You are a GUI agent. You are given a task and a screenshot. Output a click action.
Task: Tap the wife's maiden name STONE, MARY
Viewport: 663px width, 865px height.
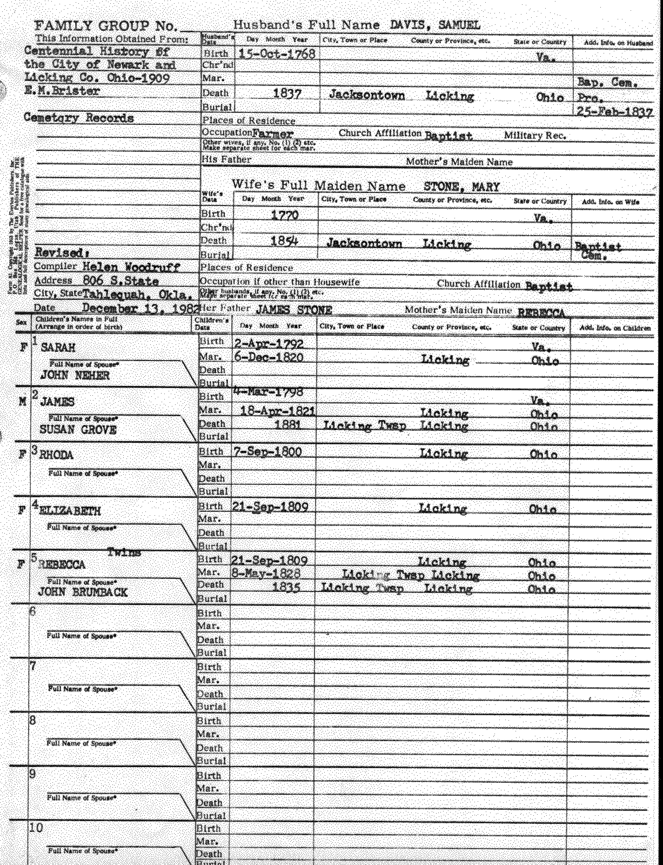pyautogui.click(x=461, y=187)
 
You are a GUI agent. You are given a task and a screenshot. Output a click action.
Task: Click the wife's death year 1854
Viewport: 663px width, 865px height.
pyautogui.click(x=284, y=241)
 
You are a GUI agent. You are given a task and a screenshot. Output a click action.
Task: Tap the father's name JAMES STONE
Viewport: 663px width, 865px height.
pyautogui.click(x=293, y=309)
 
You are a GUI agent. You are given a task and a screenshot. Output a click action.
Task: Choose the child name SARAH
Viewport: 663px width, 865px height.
pyautogui.click(x=57, y=348)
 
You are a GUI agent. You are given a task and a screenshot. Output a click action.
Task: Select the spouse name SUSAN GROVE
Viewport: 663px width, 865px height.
pyautogui.click(x=78, y=430)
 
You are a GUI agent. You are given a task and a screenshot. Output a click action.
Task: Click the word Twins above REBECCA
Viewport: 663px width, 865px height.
pyautogui.click(x=124, y=553)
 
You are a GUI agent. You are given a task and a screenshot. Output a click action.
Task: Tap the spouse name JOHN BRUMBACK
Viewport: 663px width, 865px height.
pyautogui.click(x=83, y=593)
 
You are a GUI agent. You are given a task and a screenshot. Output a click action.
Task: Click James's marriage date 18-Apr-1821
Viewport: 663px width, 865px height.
pyautogui.click(x=277, y=411)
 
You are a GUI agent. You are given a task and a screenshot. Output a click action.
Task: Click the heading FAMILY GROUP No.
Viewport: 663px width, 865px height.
pyautogui.click(x=105, y=26)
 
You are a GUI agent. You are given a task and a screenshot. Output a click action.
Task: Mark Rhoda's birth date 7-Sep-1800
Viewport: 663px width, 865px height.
pyautogui.click(x=267, y=452)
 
